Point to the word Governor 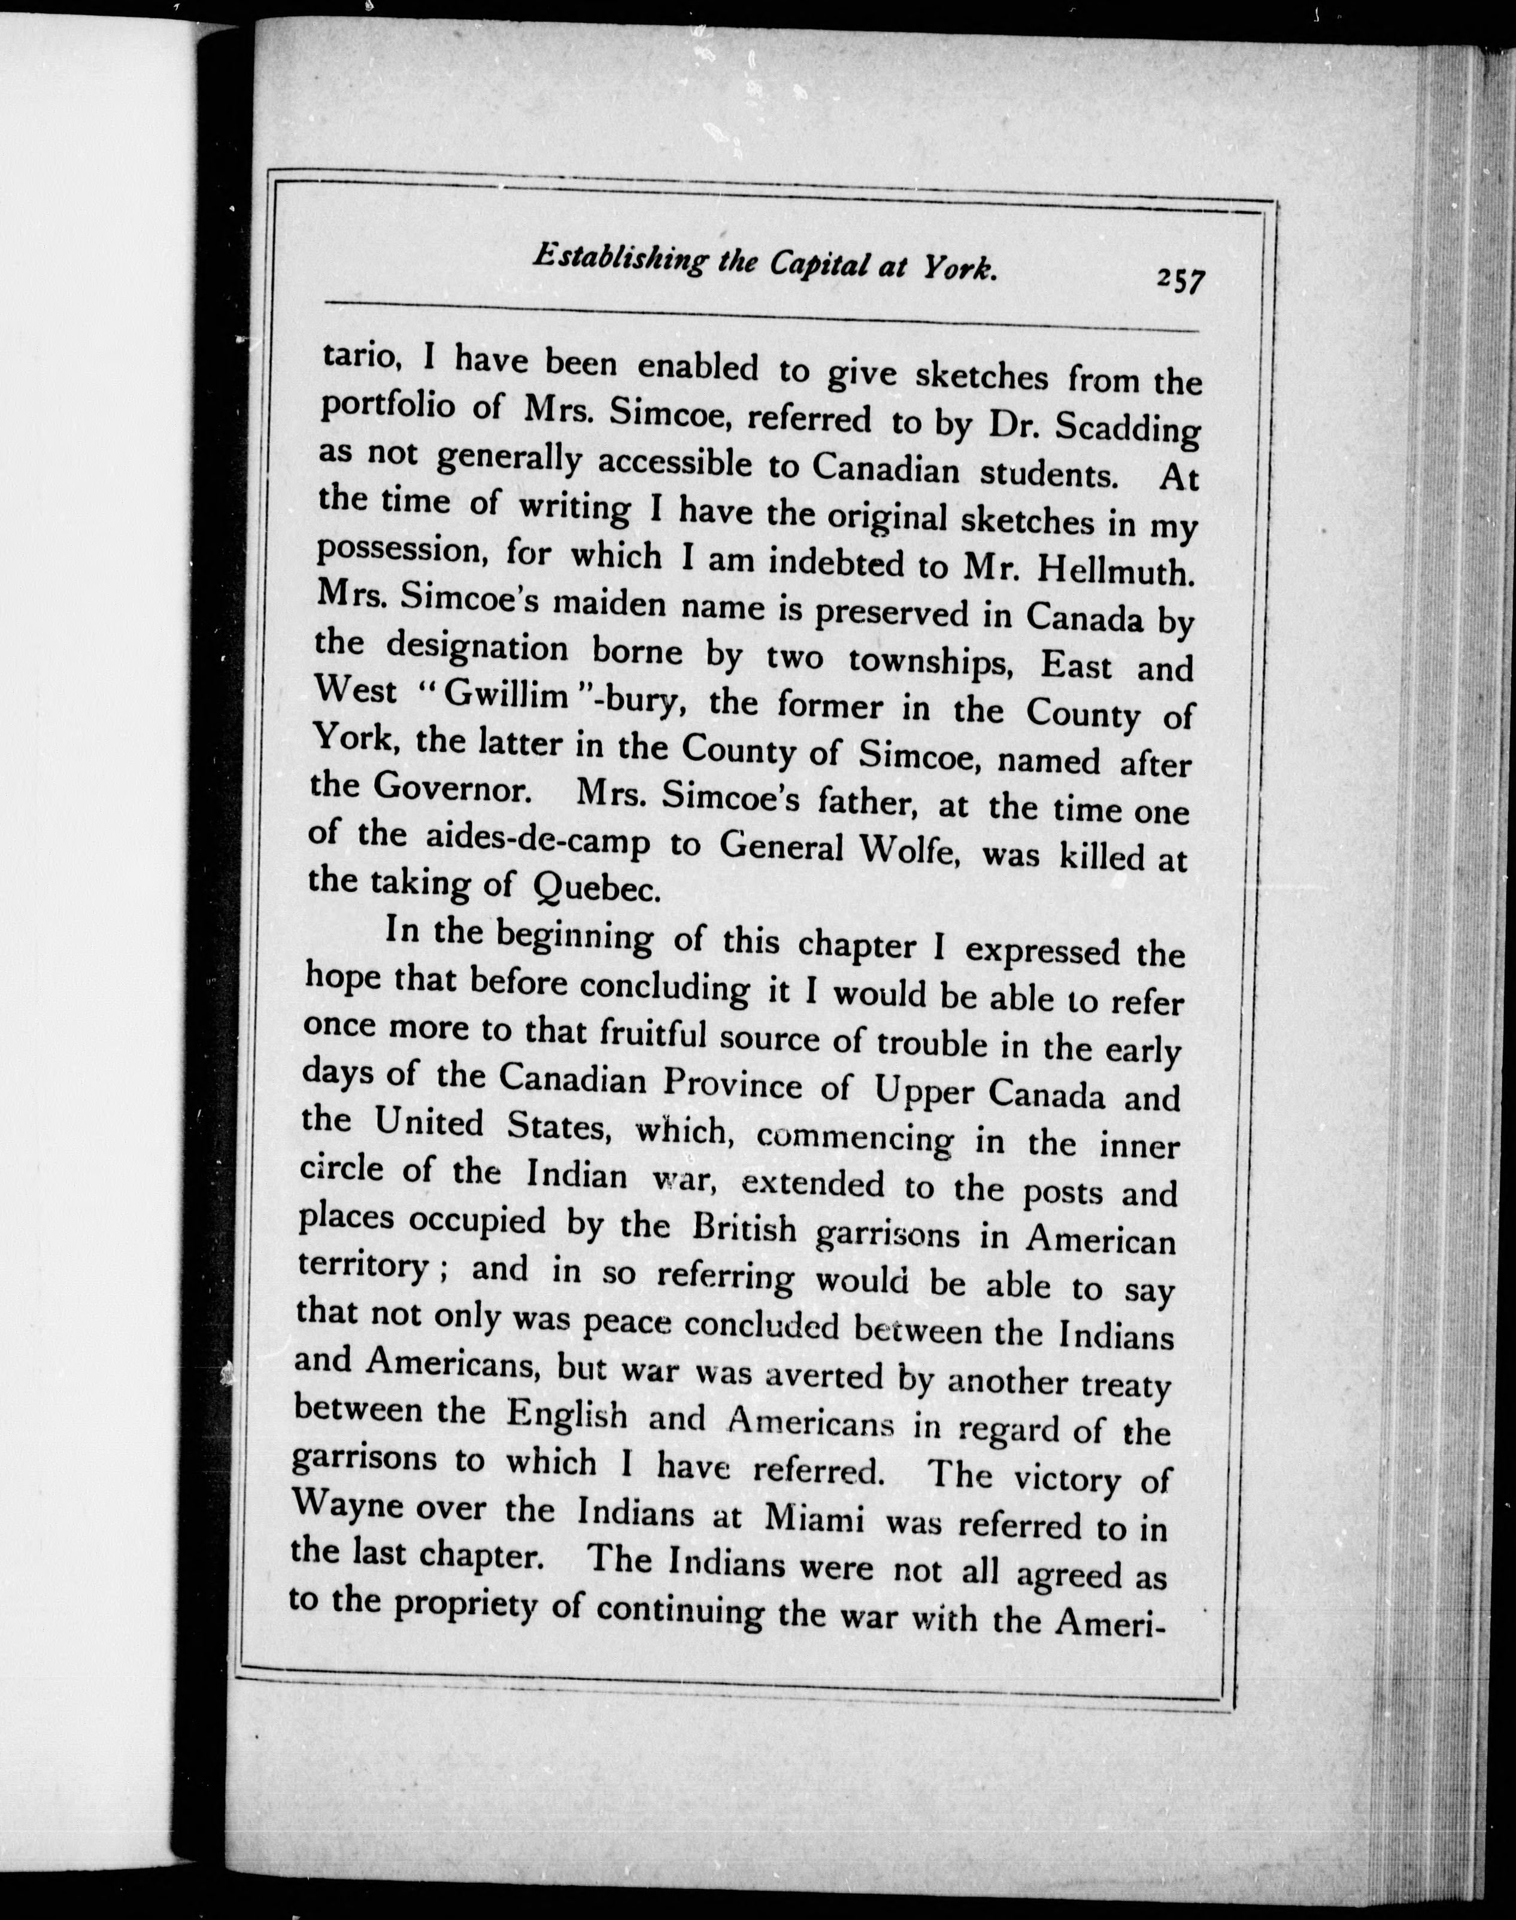(453, 788)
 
